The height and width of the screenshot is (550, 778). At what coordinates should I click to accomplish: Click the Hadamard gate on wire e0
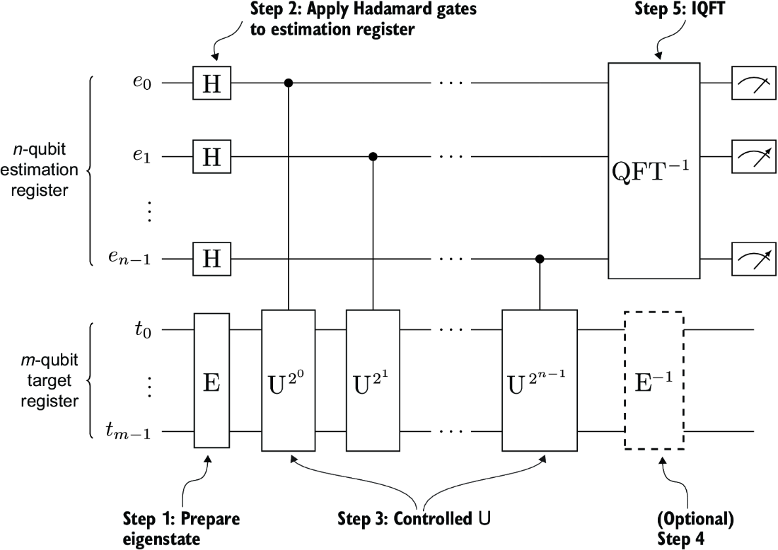tap(212, 83)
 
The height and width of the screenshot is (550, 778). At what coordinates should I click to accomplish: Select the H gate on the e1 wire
tap(212, 156)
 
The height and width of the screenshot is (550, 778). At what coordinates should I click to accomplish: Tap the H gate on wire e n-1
tap(212, 258)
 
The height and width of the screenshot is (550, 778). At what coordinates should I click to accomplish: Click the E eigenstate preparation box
tap(212, 380)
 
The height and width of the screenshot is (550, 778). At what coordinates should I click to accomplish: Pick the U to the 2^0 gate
tap(289, 380)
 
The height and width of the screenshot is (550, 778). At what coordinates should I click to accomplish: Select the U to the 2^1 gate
tap(373, 380)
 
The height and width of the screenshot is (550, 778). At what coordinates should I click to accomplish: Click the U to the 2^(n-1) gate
tap(540, 380)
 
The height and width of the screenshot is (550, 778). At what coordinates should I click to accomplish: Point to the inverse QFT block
tap(654, 170)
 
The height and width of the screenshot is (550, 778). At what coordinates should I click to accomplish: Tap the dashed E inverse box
tap(654, 380)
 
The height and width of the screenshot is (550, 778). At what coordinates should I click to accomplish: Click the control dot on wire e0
tap(289, 83)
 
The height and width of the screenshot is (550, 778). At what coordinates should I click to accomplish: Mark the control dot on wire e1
tap(373, 156)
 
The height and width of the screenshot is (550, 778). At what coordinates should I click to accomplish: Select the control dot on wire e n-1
tap(540, 258)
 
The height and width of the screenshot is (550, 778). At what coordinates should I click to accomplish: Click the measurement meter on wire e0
tap(754, 83)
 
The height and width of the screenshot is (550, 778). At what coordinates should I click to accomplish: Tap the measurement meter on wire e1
tap(754, 156)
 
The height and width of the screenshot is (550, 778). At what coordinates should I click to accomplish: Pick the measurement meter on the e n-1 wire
tap(754, 258)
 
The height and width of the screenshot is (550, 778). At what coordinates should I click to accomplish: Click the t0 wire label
tap(143, 330)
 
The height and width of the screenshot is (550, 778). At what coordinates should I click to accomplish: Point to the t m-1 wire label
tap(128, 431)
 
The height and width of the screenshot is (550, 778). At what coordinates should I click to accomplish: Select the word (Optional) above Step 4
tap(696, 520)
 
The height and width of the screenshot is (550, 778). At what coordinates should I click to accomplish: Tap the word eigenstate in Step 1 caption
tap(161, 539)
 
